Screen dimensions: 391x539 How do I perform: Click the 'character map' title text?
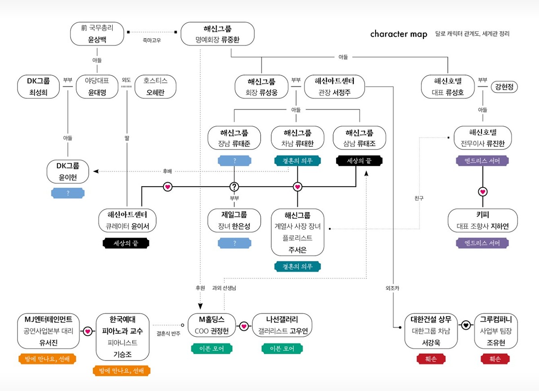[x=398, y=34]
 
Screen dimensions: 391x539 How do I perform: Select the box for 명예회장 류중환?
[x=217, y=34]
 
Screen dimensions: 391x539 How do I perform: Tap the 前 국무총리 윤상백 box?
[x=97, y=34]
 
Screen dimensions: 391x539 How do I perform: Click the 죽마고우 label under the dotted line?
[x=151, y=40]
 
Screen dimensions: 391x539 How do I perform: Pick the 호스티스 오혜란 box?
[x=155, y=87]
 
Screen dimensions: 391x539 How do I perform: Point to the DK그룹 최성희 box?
[x=40, y=87]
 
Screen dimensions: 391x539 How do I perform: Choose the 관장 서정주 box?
[x=334, y=87]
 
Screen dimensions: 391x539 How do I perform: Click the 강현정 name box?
[x=504, y=87]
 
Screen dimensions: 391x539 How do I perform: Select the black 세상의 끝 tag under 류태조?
[x=360, y=160]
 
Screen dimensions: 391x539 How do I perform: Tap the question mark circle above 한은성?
[x=234, y=186]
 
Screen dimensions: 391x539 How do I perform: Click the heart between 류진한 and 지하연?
[x=483, y=192]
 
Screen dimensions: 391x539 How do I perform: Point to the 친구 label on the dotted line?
[x=419, y=198]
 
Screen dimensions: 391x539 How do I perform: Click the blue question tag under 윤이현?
[x=68, y=193]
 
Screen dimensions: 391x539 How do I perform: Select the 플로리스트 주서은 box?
[x=297, y=232]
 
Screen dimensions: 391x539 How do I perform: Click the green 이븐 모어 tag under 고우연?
[x=282, y=348]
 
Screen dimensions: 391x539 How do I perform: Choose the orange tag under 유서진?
[x=47, y=359]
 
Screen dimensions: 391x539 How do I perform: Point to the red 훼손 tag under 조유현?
[x=495, y=359]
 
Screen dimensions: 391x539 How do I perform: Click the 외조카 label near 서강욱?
[x=392, y=288]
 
